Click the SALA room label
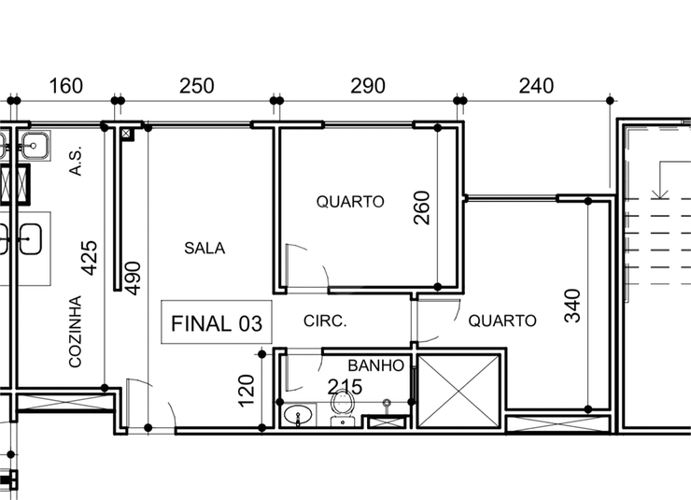tap(204, 249)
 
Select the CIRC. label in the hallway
tap(325, 321)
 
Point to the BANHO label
tap(375, 365)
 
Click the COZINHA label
tap(76, 332)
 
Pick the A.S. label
tap(76, 161)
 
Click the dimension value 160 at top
tap(65, 86)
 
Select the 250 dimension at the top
tap(196, 86)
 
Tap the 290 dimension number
tap(368, 86)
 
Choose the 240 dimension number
tap(536, 86)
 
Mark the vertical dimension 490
tap(134, 279)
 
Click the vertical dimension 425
tap(90, 258)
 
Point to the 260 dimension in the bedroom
tap(422, 207)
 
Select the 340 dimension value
tap(572, 306)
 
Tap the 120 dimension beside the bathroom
tap(246, 391)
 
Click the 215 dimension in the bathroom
tap(345, 387)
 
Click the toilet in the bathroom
tap(343, 408)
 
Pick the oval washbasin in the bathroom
tap(299, 415)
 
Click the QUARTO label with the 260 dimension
tap(350, 202)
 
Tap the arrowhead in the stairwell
tap(660, 193)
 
